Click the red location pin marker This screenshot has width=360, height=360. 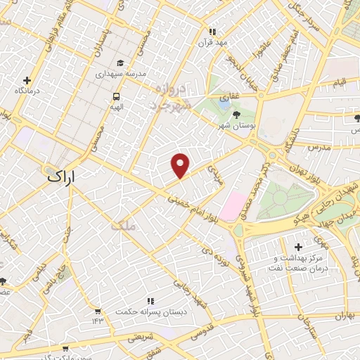tap(181, 165)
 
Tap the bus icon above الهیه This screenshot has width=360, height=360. tap(115, 96)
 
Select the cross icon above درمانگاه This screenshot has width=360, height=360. tap(27, 80)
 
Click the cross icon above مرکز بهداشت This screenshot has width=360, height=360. tap(299, 247)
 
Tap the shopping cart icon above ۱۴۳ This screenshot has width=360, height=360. tap(97, 310)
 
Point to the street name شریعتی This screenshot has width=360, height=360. tap(139, 337)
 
